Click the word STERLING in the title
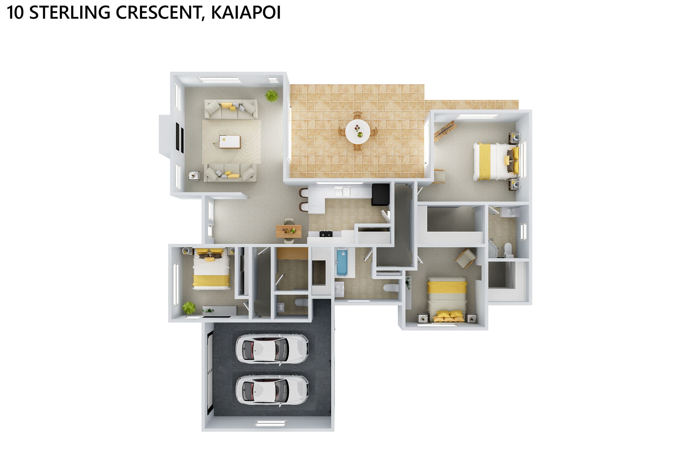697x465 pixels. point(70,13)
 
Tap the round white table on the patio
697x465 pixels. point(358,131)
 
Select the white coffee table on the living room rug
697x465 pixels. point(230,141)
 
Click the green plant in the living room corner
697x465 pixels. point(272,96)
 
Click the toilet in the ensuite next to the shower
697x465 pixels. point(508,250)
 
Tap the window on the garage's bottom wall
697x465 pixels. point(270,423)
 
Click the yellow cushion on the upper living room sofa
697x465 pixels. point(226,105)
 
